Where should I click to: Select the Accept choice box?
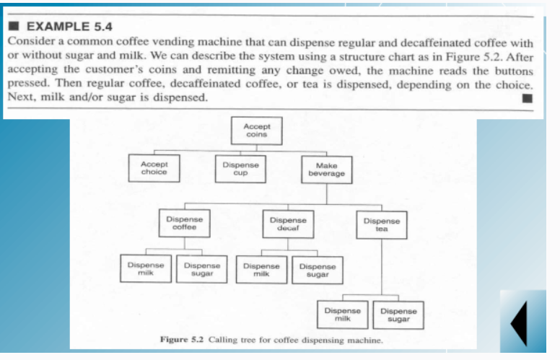pyautogui.click(x=154, y=168)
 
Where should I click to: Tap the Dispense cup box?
pyautogui.click(x=240, y=168)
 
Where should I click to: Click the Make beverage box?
pyautogui.click(x=326, y=170)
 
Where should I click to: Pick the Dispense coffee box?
pyautogui.click(x=184, y=222)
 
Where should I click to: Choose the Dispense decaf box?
pyautogui.click(x=287, y=223)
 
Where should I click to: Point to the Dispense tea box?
pyautogui.click(x=382, y=224)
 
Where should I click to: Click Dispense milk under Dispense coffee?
pyautogui.click(x=146, y=269)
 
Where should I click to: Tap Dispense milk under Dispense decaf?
pyautogui.click(x=261, y=270)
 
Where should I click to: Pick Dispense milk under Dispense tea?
pyautogui.click(x=343, y=314)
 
